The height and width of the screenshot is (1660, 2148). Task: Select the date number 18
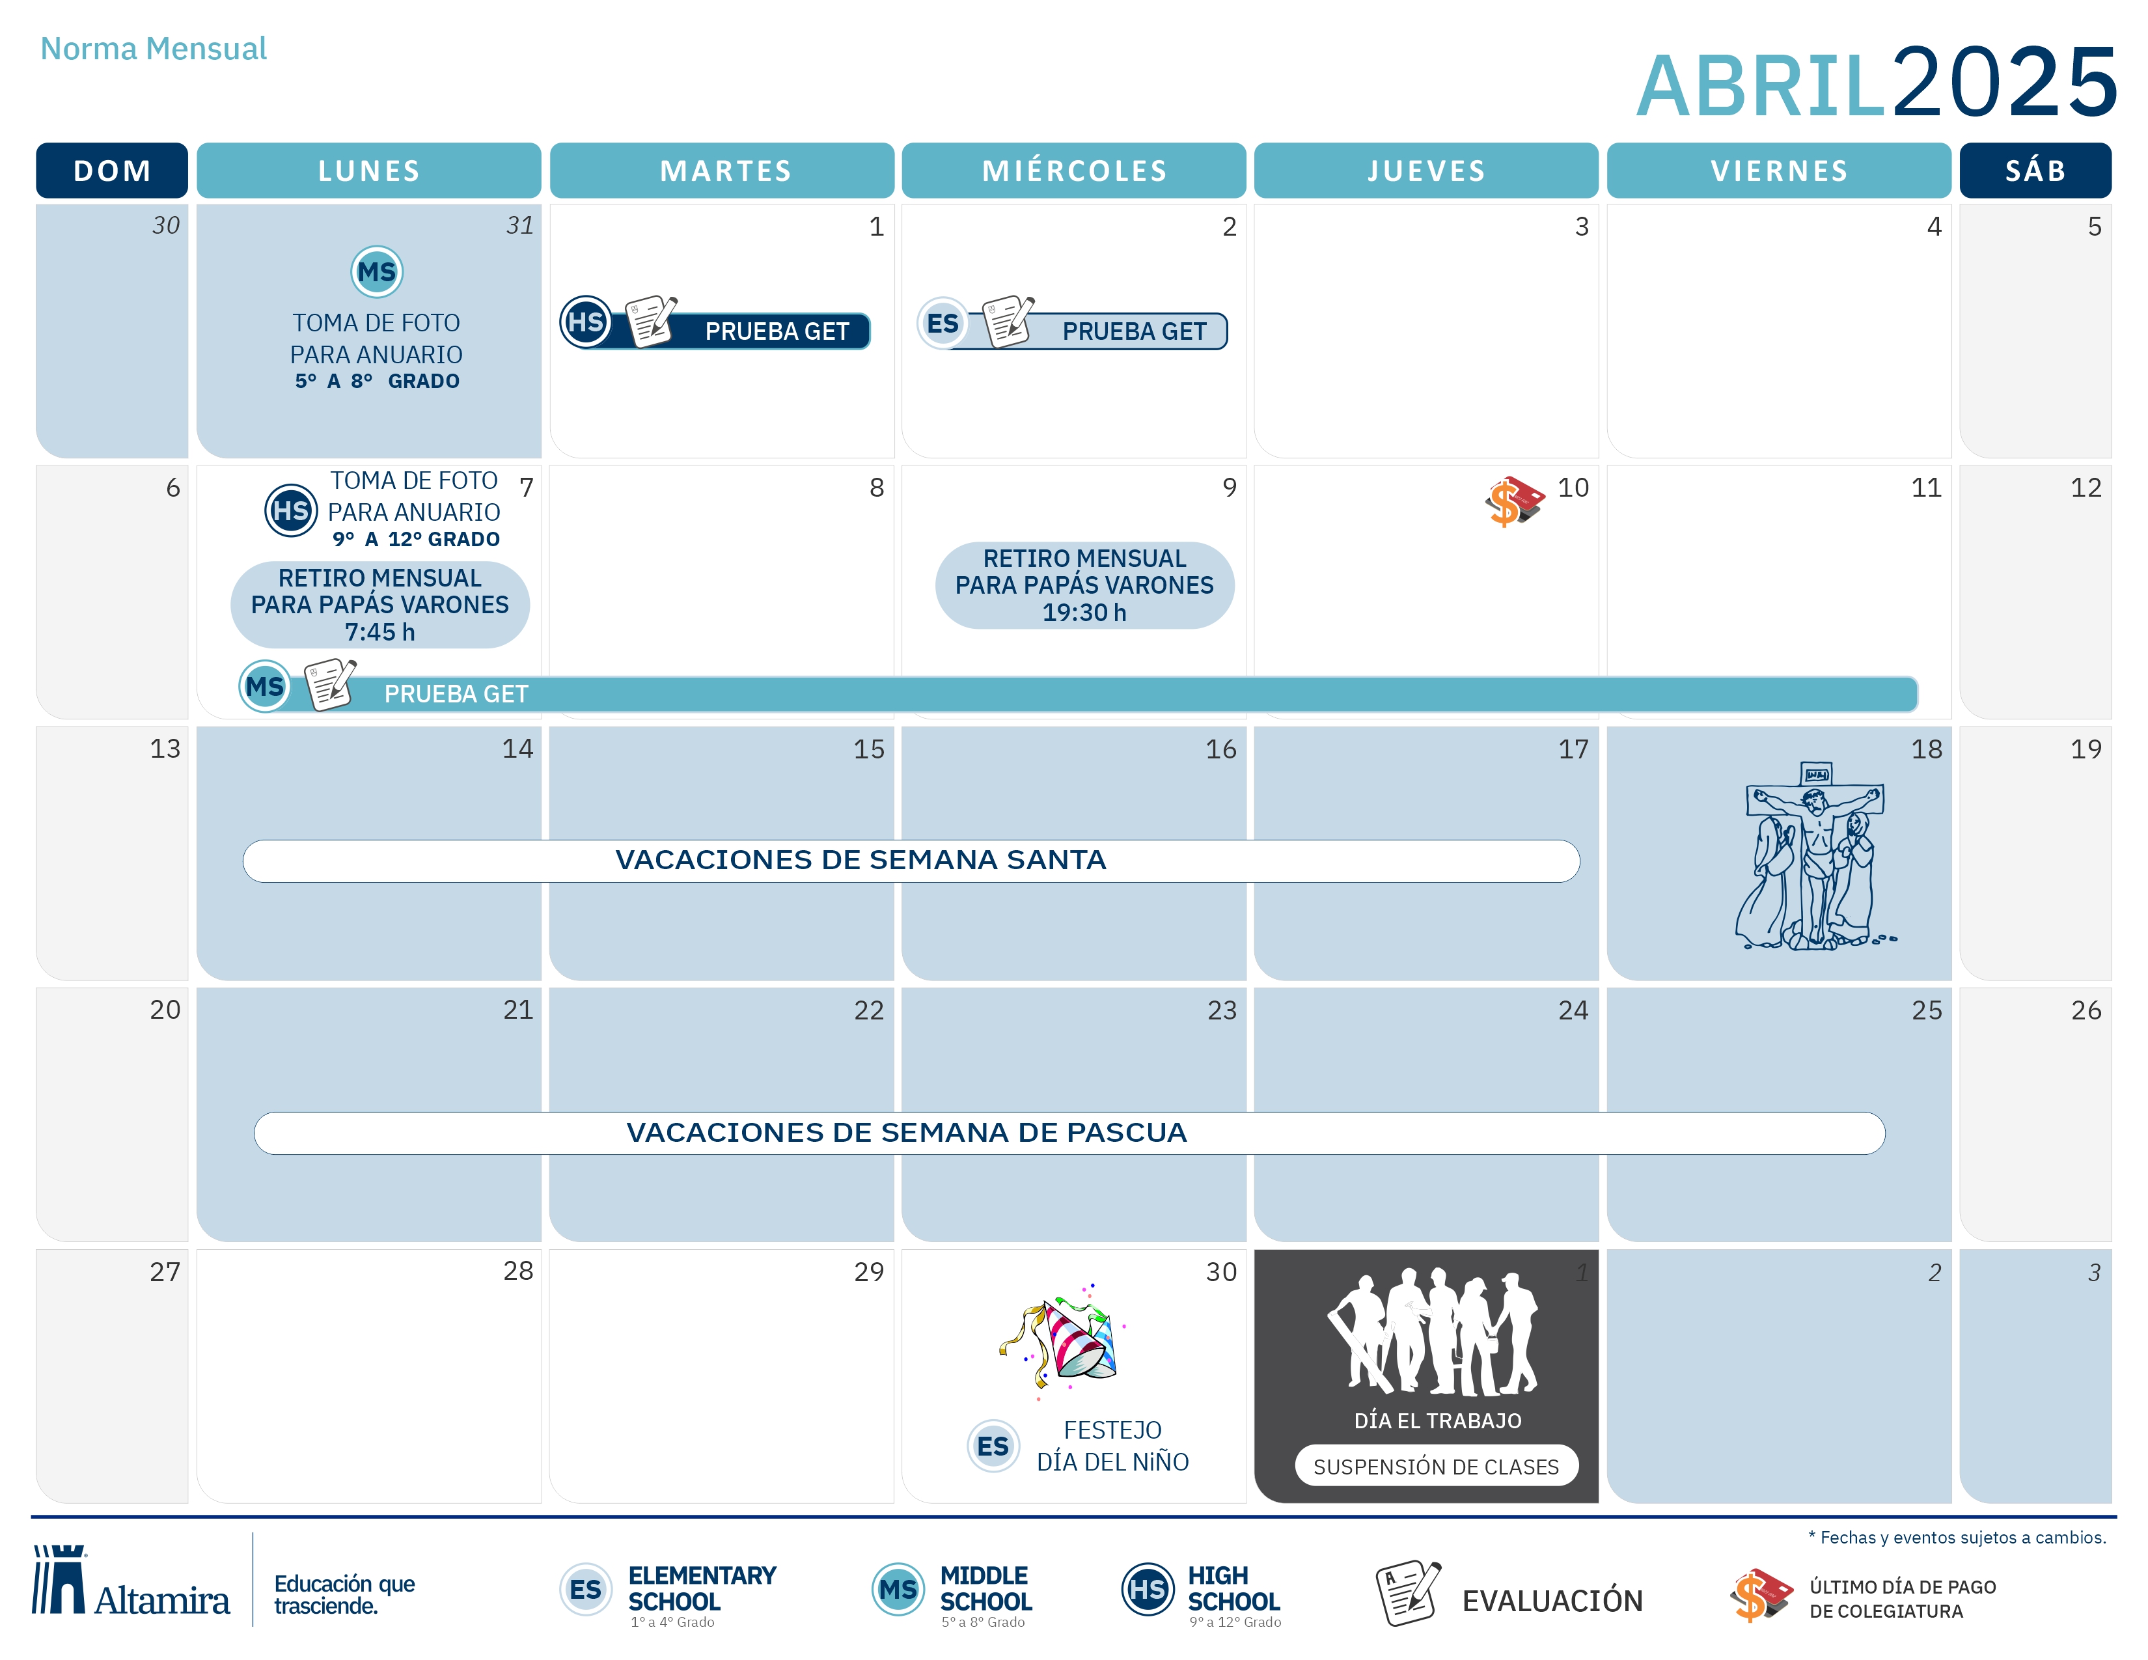click(x=1926, y=749)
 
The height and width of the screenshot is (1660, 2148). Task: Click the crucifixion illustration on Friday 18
click(x=1815, y=855)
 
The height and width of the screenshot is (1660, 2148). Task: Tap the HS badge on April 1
click(x=586, y=322)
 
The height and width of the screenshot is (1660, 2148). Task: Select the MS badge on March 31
click(x=377, y=271)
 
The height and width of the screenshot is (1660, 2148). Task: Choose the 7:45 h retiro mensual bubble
click(x=379, y=605)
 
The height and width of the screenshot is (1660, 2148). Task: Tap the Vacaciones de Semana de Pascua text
click(x=906, y=1133)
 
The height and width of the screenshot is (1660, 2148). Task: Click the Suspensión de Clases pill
click(x=1436, y=1465)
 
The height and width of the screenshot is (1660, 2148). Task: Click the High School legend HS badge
click(x=1148, y=1589)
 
